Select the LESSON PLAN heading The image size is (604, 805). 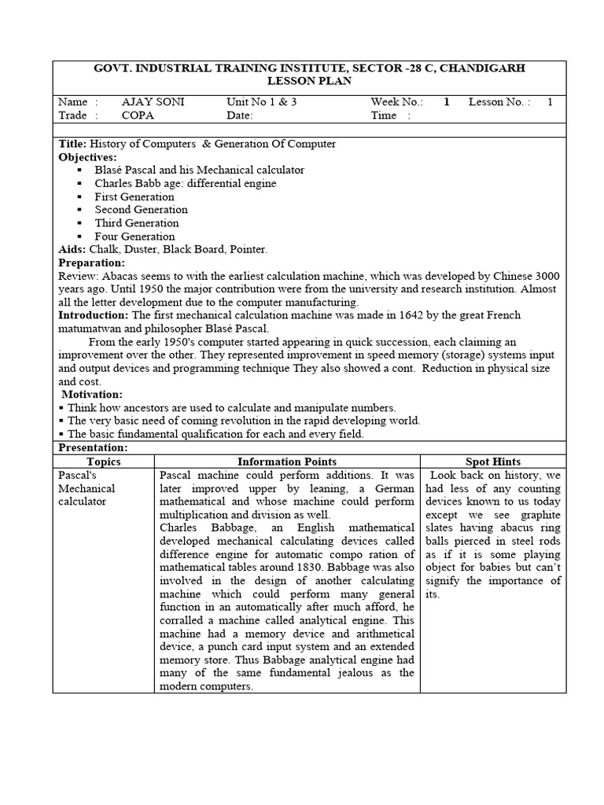pos(309,81)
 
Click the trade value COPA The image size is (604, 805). pos(138,115)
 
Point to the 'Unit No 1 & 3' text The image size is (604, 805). pos(262,102)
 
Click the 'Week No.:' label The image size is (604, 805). pos(397,102)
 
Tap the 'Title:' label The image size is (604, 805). pos(73,144)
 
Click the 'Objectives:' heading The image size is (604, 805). pos(87,156)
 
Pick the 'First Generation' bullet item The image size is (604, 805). pos(134,197)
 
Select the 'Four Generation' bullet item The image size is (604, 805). pos(134,236)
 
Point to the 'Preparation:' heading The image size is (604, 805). pos(91,263)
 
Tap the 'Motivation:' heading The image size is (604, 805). pos(92,394)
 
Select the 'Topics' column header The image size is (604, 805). pos(104,461)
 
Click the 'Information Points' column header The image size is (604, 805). pos(287,461)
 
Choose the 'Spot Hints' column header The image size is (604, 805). pos(493,461)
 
